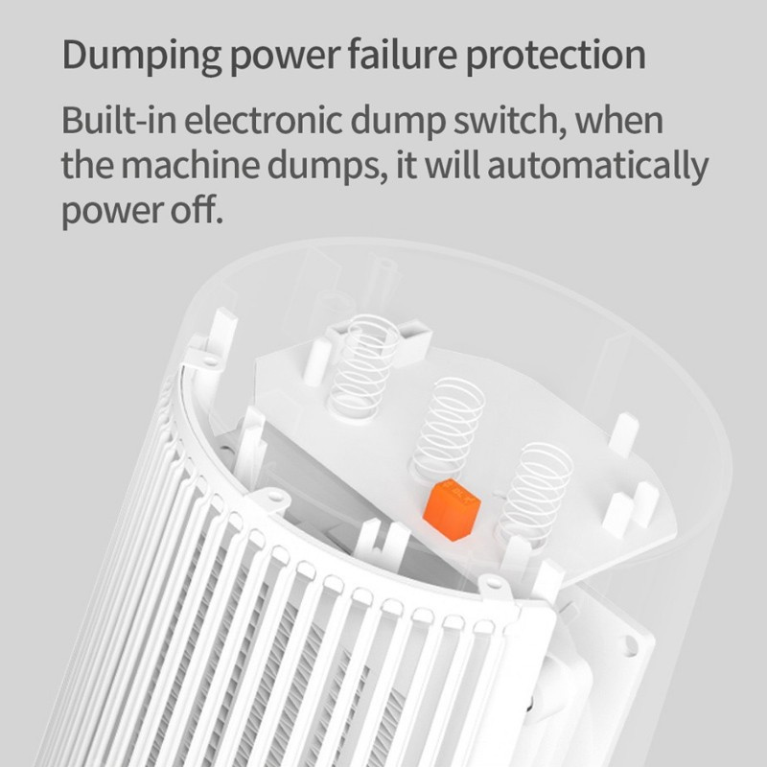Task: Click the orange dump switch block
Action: (452, 509)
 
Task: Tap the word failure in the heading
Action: (402, 54)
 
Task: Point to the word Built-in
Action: (119, 119)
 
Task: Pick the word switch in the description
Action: (509, 120)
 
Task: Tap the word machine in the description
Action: (190, 165)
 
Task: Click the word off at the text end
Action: (196, 209)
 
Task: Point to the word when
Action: (618, 120)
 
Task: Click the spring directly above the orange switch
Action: (449, 427)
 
